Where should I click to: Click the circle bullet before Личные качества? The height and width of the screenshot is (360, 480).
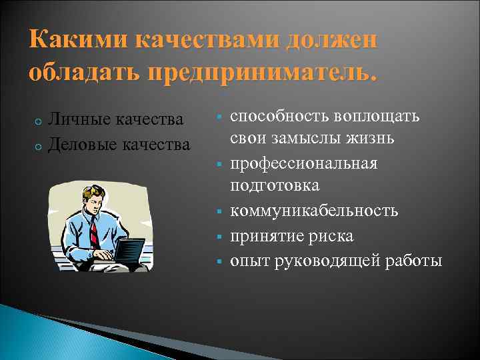[39, 121]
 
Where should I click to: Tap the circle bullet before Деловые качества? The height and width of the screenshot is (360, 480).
[39, 145]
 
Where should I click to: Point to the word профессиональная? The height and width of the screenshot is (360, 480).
[304, 163]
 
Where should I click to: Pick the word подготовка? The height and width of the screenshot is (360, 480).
[275, 186]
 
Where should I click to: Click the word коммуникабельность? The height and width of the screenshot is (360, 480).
[314, 211]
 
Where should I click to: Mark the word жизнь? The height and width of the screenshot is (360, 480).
[369, 139]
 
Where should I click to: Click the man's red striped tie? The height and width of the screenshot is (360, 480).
[95, 233]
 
